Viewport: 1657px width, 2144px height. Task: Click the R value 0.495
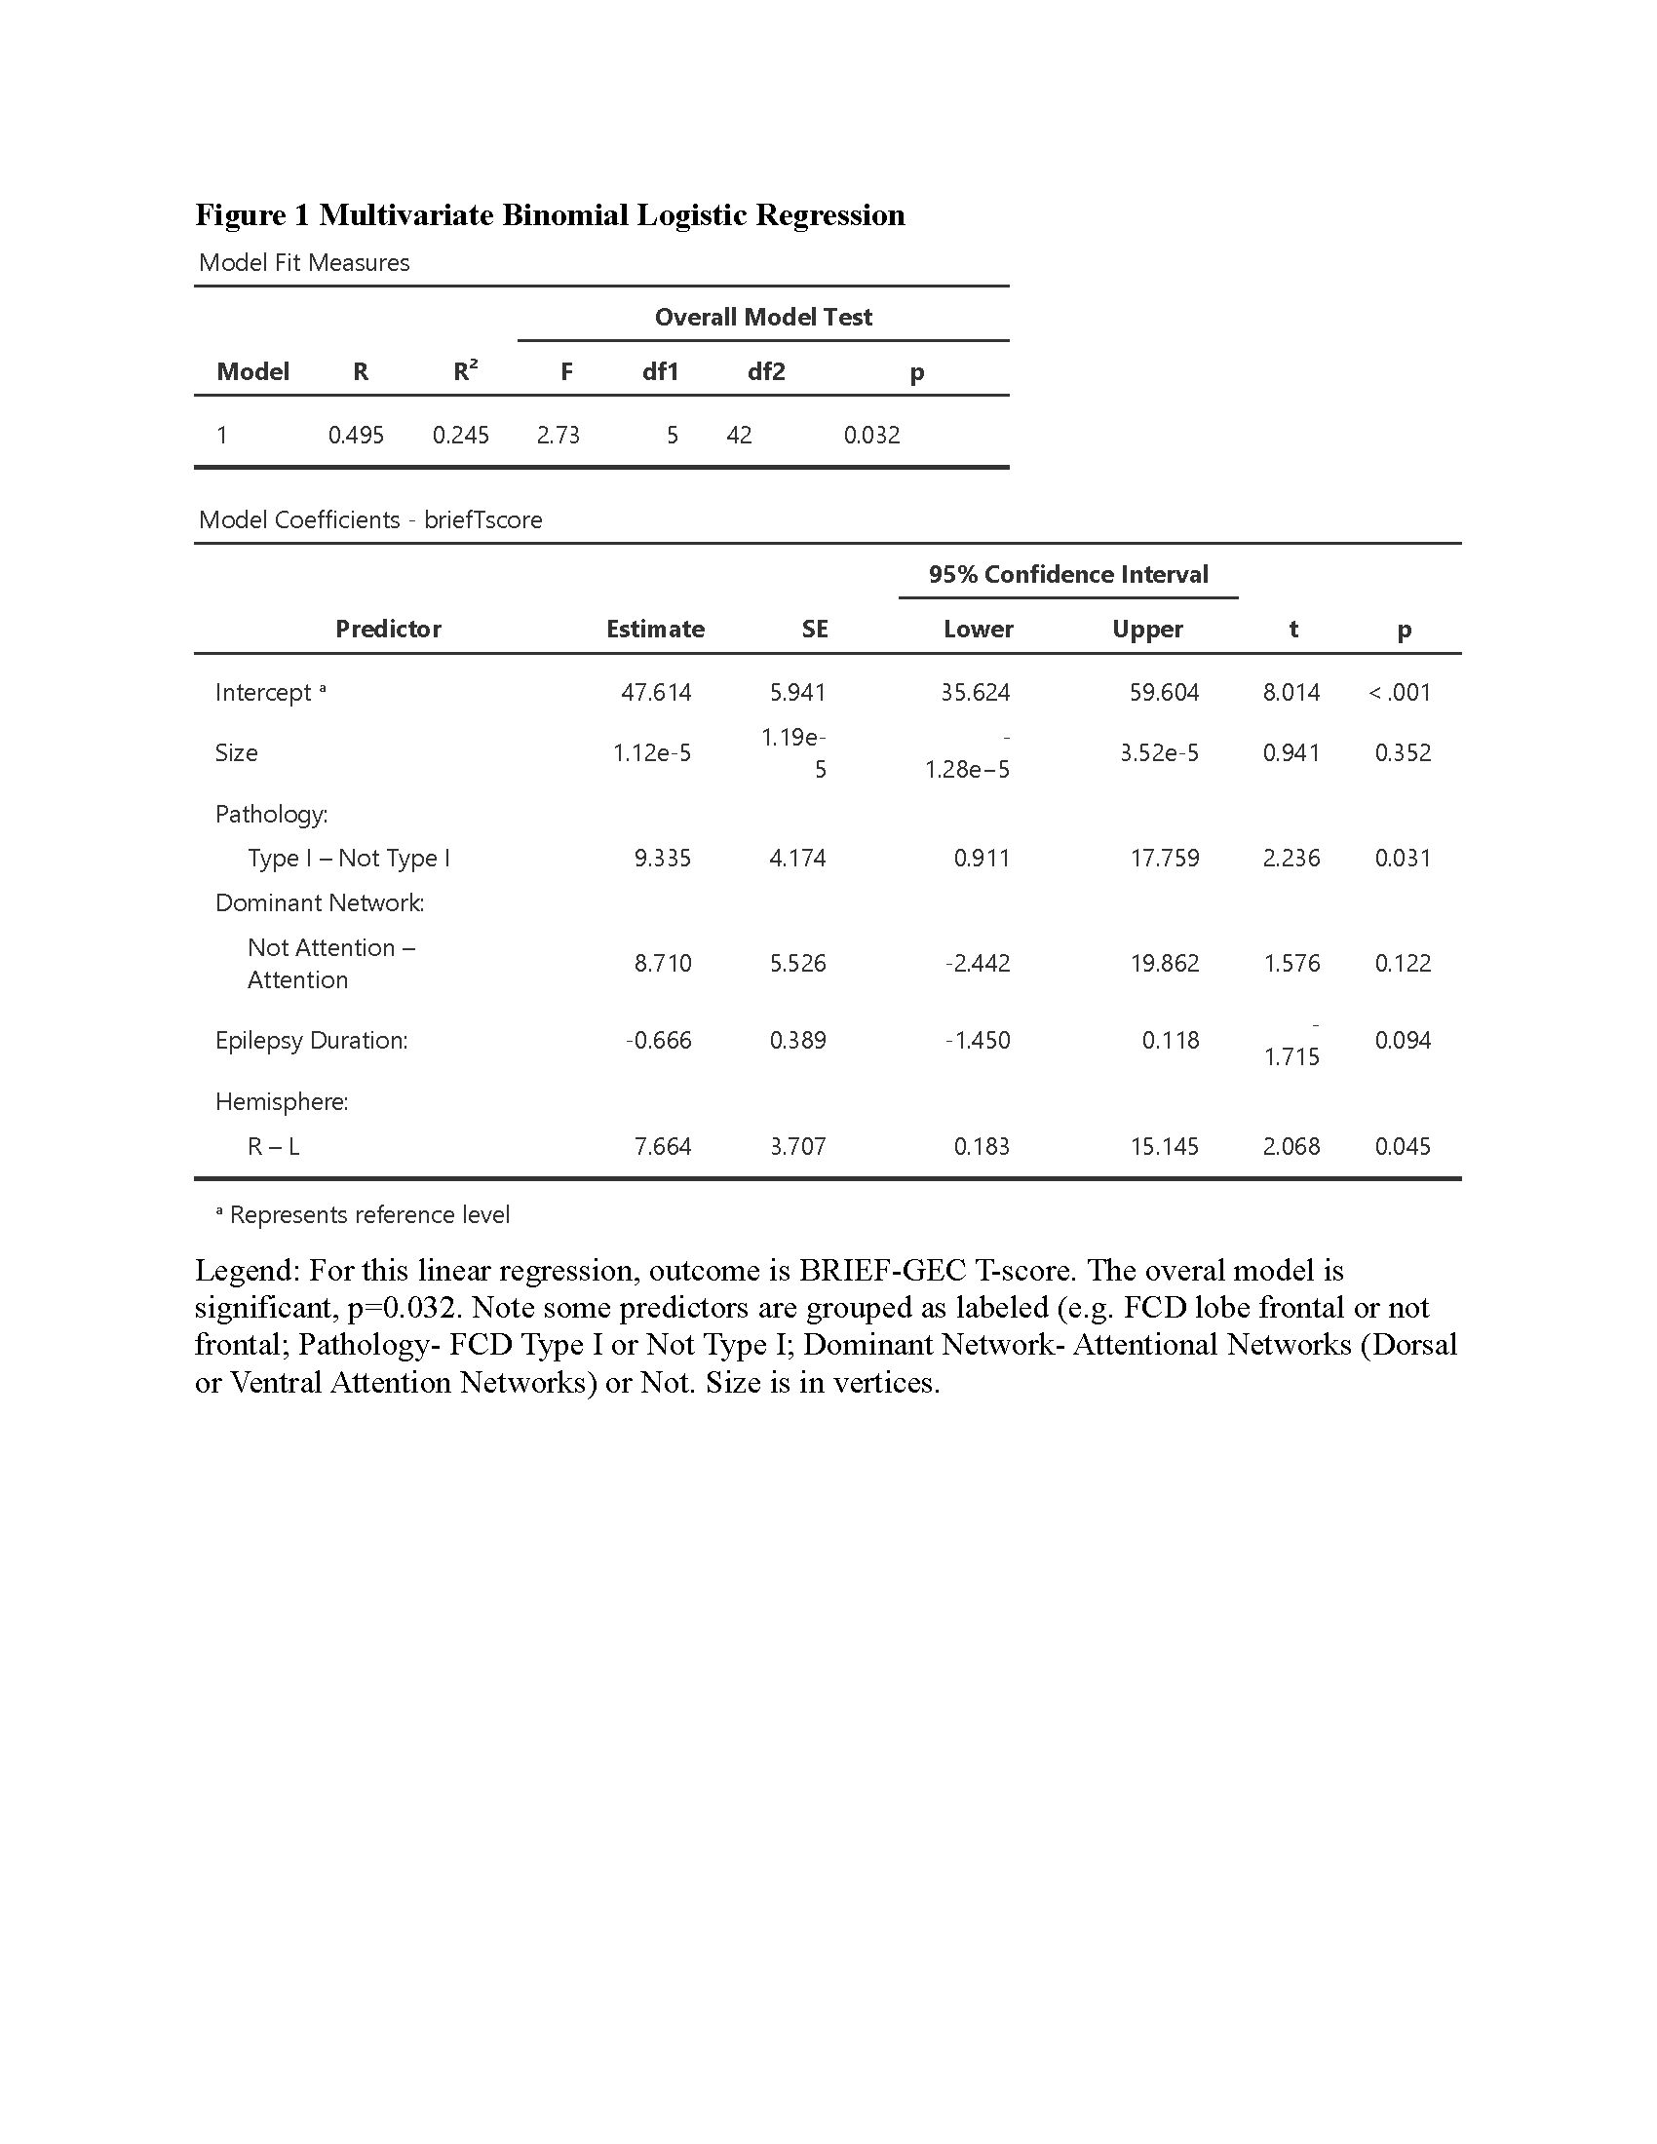pos(356,435)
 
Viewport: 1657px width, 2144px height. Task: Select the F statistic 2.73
pos(558,435)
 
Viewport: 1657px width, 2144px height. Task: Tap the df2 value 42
pos(739,435)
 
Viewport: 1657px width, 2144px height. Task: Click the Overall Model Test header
pos(763,317)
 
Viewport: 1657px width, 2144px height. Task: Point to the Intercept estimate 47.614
pos(656,693)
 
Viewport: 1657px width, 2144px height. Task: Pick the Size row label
pos(237,753)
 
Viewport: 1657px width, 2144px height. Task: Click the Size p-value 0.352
pos(1403,753)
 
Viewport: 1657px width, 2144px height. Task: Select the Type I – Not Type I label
pos(349,858)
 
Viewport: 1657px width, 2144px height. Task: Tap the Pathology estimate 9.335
pos(663,858)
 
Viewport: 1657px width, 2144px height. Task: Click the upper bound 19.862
pos(1164,963)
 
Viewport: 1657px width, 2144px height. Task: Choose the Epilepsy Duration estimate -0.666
pos(659,1041)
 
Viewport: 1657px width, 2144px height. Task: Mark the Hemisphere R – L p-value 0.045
pos(1403,1147)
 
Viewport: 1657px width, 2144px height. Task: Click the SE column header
pos(815,630)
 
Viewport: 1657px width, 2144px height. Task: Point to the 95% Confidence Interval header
pos(1068,574)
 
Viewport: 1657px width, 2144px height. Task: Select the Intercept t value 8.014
pos(1291,693)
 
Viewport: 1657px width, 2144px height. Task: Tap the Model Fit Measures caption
pos(304,263)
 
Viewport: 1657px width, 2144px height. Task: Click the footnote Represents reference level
pos(369,1215)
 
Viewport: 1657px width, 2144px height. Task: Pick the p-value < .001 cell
pos(1400,693)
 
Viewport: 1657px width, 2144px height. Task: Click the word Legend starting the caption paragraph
pos(246,1270)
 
